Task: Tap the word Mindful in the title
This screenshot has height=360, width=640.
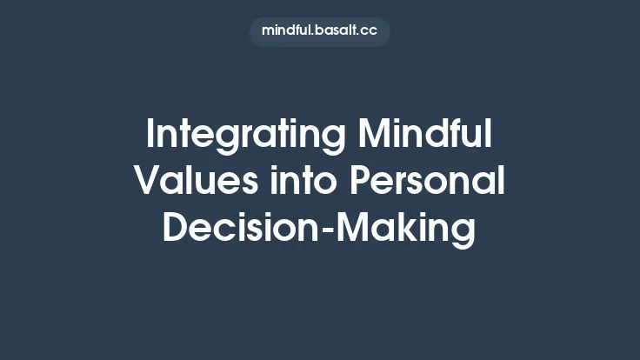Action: tap(425, 136)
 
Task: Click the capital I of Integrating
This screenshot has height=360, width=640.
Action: tap(151, 136)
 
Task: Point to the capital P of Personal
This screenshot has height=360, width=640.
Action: tap(360, 181)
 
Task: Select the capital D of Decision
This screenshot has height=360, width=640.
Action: tap(175, 227)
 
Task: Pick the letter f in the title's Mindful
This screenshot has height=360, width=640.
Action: tap(455, 136)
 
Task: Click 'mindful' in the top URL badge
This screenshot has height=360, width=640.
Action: tap(284, 30)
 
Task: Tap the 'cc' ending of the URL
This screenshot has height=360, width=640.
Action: tap(370, 31)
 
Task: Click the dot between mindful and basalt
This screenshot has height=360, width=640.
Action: tap(311, 35)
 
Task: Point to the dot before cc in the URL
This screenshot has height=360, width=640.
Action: tap(359, 35)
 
